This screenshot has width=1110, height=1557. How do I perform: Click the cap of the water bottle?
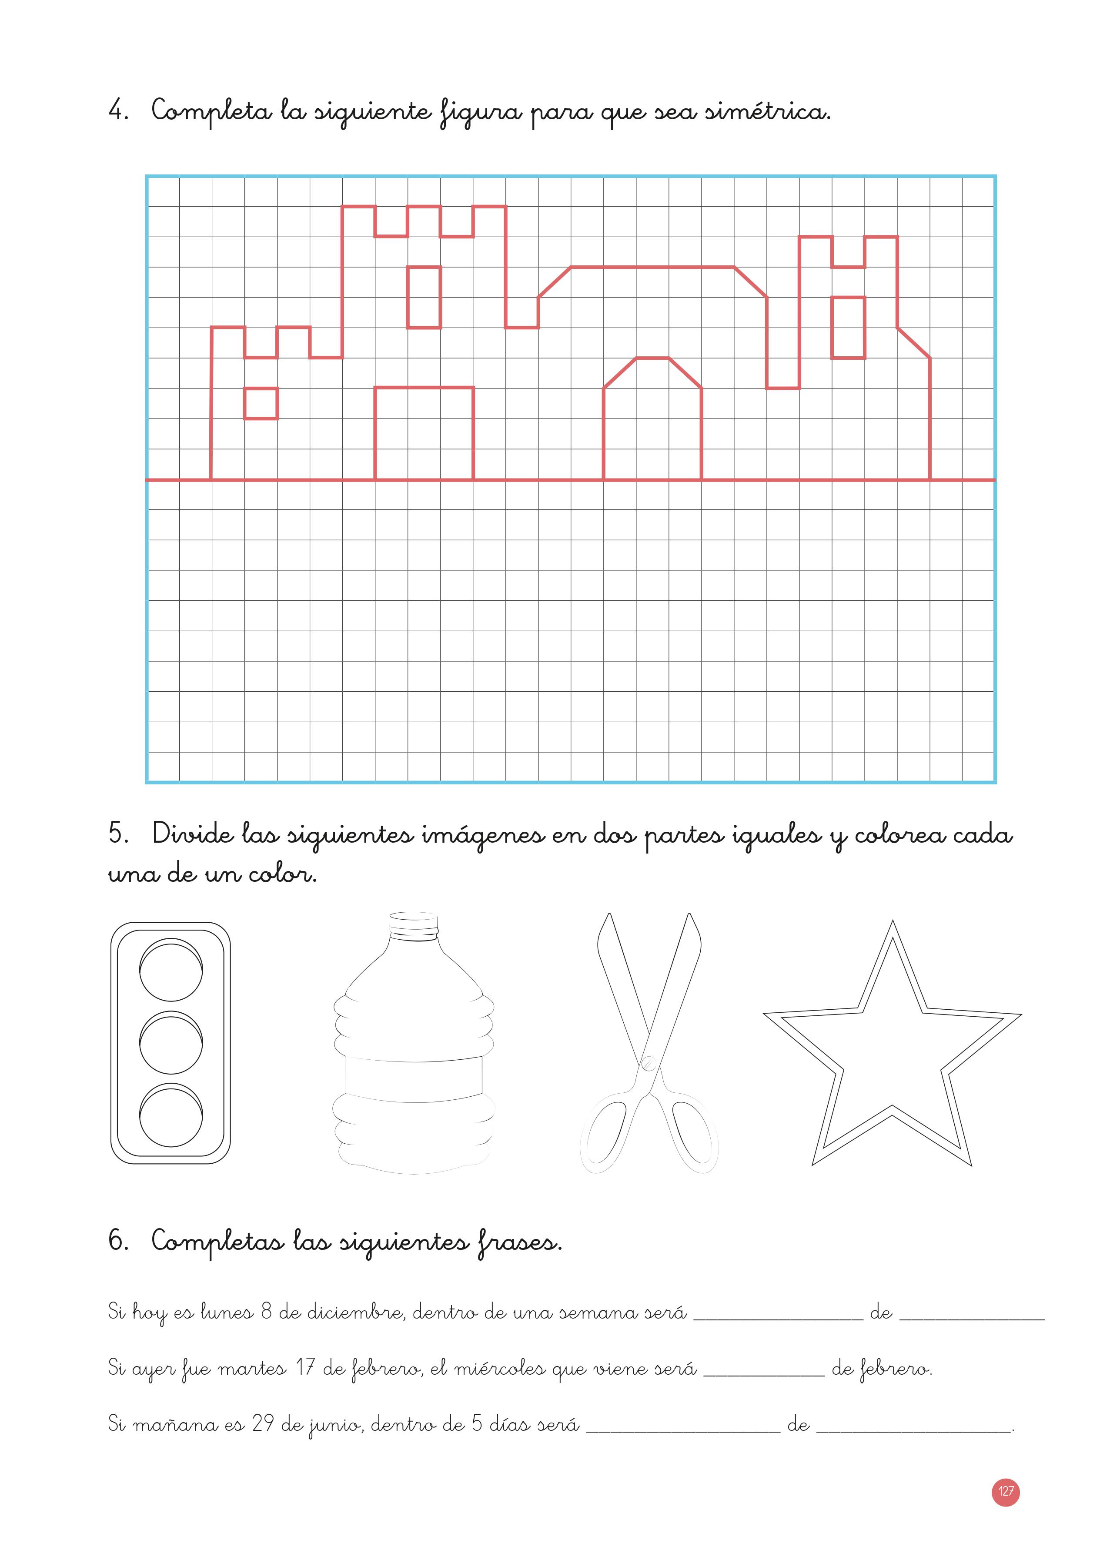(x=414, y=924)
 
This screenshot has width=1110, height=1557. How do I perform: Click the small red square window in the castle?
(x=261, y=403)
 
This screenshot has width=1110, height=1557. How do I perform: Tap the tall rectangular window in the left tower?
(x=424, y=297)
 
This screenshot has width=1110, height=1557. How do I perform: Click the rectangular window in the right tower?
(x=848, y=328)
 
